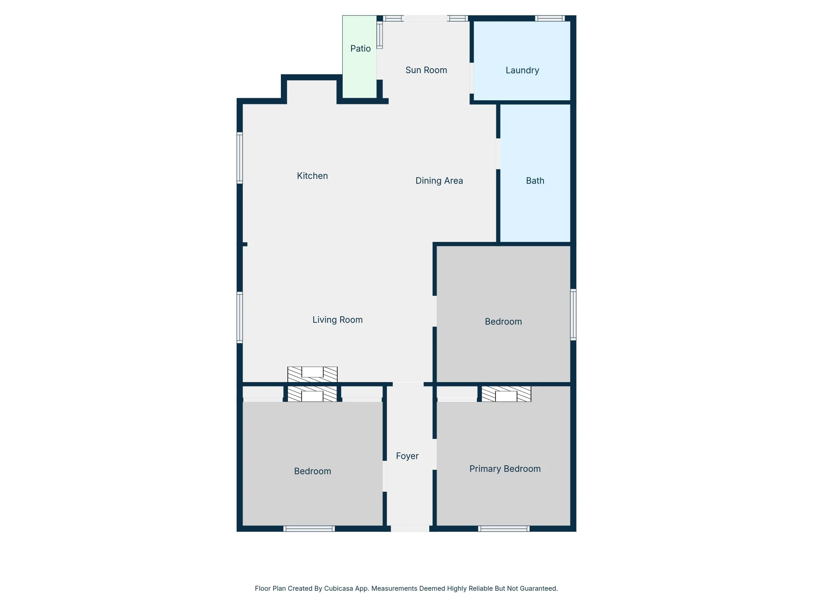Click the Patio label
361,49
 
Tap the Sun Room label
426,70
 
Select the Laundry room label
522,71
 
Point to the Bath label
535,181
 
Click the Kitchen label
312,176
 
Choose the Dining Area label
439,181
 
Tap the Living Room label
337,320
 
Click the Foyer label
407,456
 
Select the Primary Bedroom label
505,469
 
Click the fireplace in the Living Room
312,374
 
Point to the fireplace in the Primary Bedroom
506,394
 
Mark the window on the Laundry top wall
550,18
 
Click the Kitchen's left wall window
240,158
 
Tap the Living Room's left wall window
240,317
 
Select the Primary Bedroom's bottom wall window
504,529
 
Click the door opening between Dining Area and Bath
498,154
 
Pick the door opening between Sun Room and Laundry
472,78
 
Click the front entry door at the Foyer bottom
410,529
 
